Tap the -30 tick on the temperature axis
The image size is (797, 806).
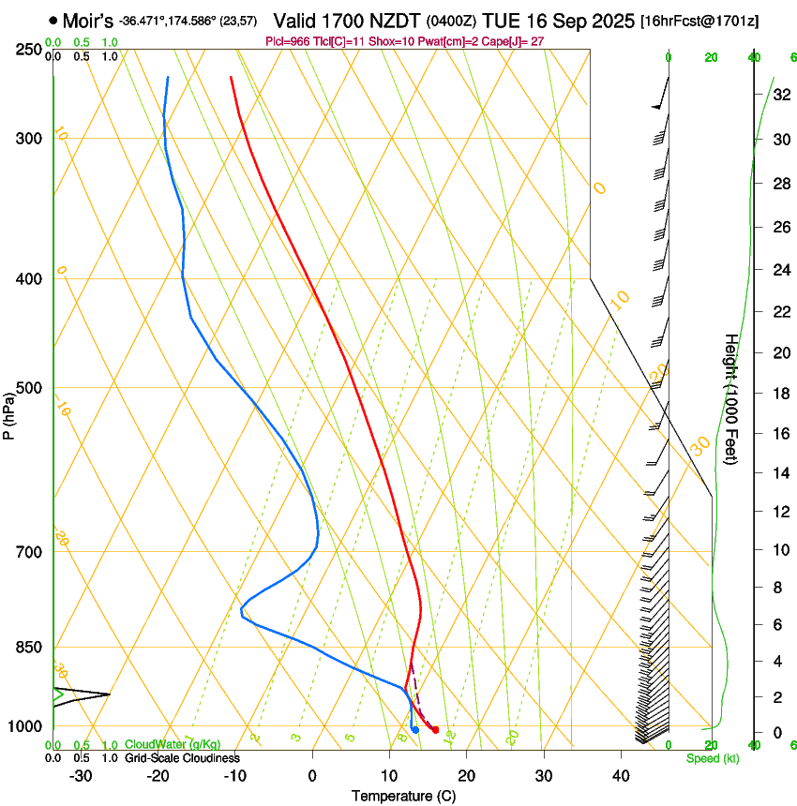(x=81, y=776)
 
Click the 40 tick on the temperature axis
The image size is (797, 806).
(x=620, y=776)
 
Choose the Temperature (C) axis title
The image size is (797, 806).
(x=403, y=797)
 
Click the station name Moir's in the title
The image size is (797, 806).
(x=88, y=20)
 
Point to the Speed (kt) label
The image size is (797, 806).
(x=713, y=758)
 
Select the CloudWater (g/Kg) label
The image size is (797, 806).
(x=173, y=745)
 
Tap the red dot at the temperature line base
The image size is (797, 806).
(x=435, y=729)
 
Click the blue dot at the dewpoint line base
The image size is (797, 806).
(x=414, y=729)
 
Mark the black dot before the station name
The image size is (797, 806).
(x=53, y=20)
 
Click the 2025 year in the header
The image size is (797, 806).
(x=612, y=20)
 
